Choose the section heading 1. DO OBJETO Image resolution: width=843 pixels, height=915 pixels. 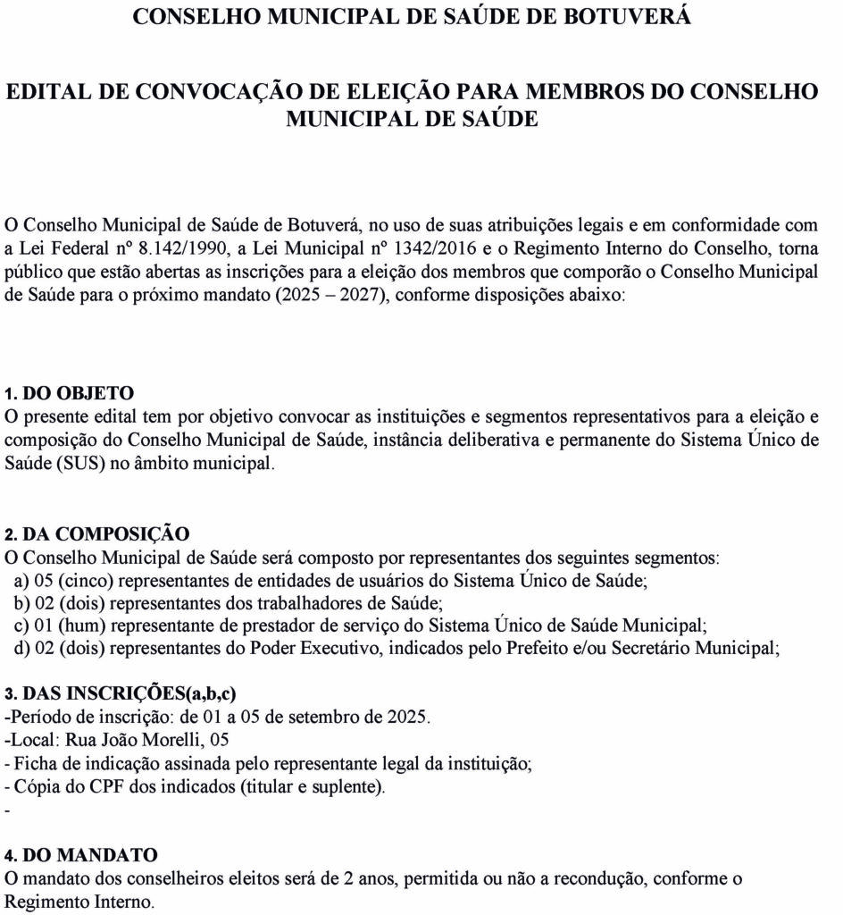click(70, 393)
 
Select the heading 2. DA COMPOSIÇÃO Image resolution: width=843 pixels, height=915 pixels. click(97, 534)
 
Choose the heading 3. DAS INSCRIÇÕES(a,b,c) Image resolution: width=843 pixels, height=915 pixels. click(121, 694)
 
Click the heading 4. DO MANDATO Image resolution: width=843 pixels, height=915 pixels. click(81, 855)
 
